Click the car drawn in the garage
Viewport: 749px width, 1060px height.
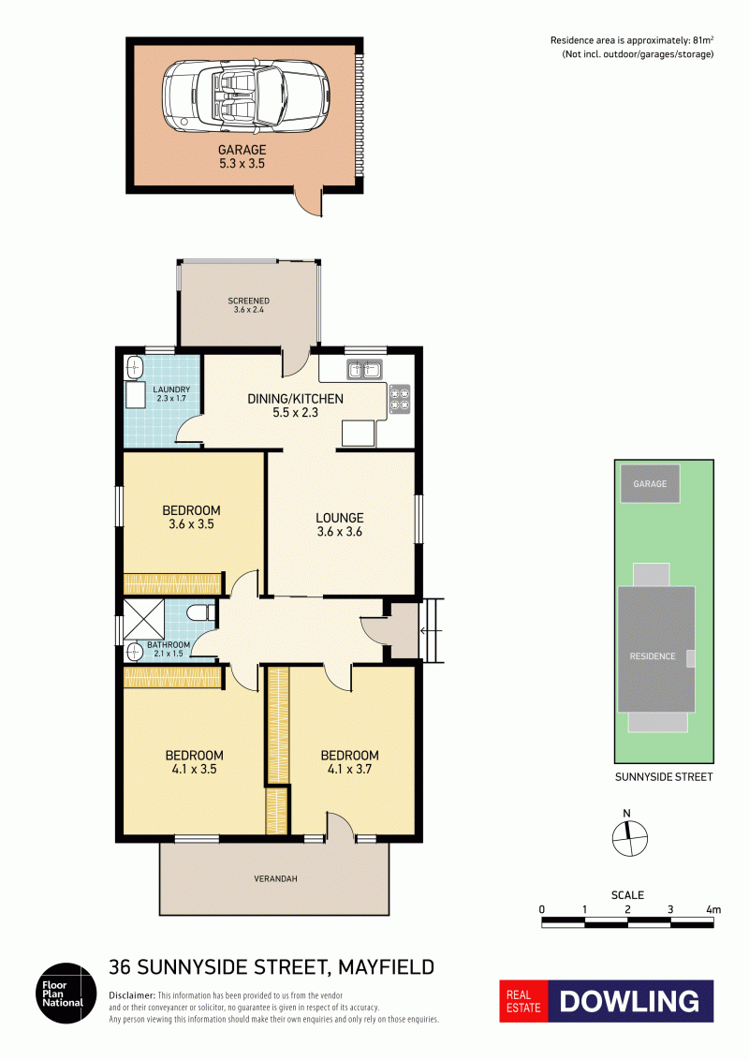coord(245,96)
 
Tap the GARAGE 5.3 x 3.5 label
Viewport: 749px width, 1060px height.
coord(242,156)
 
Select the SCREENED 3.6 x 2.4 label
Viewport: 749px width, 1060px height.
coord(249,305)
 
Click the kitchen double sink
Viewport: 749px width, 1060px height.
coord(364,369)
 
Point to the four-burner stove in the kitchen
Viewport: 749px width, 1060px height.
coord(400,399)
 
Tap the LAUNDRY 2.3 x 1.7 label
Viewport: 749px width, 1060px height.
coord(171,393)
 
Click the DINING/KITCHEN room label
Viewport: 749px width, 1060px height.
coord(296,405)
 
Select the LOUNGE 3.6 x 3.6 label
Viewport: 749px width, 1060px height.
coord(339,524)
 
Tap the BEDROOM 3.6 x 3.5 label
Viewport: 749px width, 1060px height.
coord(191,517)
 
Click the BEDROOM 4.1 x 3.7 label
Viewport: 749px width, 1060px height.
coord(349,762)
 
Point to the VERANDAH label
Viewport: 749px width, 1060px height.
coord(276,879)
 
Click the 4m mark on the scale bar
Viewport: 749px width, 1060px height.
coord(713,910)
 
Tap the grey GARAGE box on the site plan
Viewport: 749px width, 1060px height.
coord(651,484)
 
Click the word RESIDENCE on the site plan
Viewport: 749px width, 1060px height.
coord(653,656)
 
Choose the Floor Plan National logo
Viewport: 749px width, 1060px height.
coord(66,994)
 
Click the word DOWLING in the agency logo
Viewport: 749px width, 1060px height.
coord(629,1001)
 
